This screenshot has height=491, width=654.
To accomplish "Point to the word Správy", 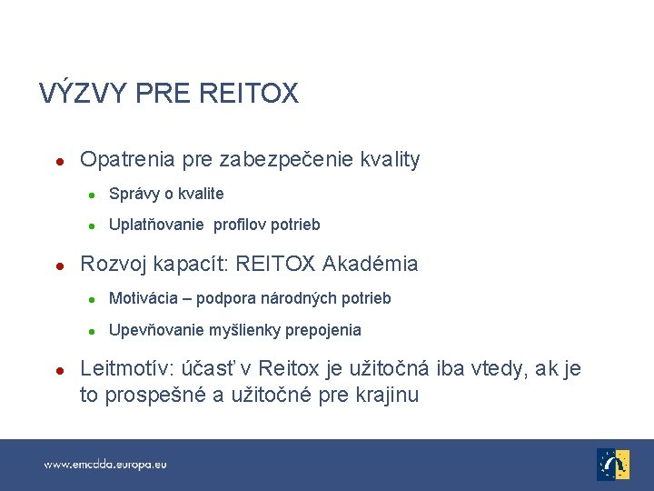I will (x=134, y=194).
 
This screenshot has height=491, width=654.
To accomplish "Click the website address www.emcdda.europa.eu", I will (x=106, y=465).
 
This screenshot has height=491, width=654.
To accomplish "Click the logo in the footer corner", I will (x=613, y=464).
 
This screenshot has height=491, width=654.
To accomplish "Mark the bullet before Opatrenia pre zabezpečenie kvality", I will (x=57, y=162).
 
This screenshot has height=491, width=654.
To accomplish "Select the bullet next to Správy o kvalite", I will (x=92, y=195).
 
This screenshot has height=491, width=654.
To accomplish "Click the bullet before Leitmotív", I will (x=57, y=370).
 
